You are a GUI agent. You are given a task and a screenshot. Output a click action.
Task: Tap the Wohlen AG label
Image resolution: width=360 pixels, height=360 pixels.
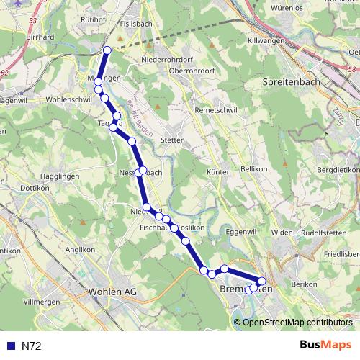pos(112,292)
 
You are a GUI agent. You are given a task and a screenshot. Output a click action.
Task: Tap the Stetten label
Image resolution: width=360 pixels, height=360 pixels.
pos(173,140)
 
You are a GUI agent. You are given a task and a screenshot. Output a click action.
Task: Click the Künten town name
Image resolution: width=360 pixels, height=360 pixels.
pos(218,172)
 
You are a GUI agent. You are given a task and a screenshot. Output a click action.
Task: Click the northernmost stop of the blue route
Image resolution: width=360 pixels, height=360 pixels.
pos(107,50)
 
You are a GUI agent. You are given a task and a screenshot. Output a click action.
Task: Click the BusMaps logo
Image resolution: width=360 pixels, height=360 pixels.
pos(325,345)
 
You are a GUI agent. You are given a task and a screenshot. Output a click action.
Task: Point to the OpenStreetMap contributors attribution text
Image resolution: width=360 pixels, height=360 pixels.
pos(297,322)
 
